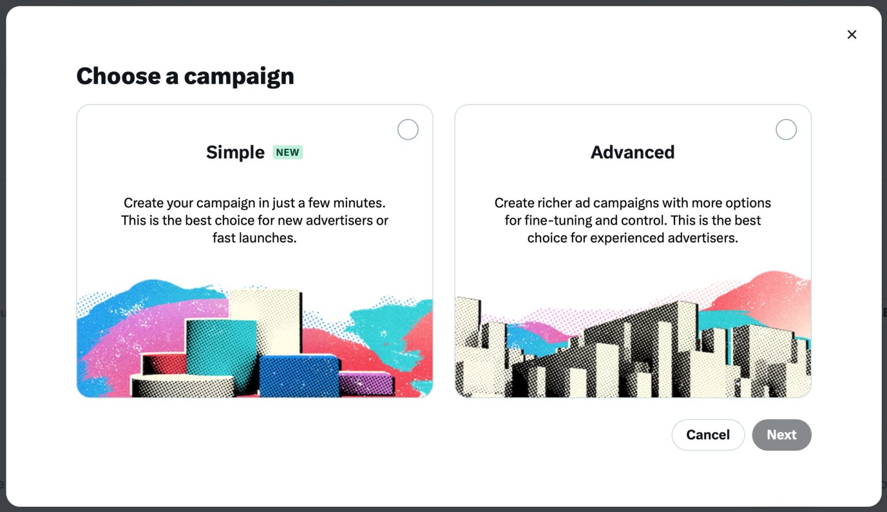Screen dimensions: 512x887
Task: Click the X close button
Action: pos(852,35)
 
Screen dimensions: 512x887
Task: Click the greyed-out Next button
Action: pos(781,435)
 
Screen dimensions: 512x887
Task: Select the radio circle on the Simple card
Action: pos(408,130)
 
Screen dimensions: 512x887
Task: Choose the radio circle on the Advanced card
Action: pos(786,130)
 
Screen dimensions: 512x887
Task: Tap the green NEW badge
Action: pos(288,152)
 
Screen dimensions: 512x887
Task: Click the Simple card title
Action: pos(235,152)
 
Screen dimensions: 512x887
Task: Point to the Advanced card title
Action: pos(632,152)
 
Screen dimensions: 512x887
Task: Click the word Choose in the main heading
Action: pos(118,76)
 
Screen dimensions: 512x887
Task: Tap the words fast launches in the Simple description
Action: pos(254,238)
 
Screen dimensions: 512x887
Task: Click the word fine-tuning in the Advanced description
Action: pos(558,221)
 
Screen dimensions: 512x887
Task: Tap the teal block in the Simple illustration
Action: pos(221,346)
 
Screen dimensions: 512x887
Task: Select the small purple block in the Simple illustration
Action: pos(365,383)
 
